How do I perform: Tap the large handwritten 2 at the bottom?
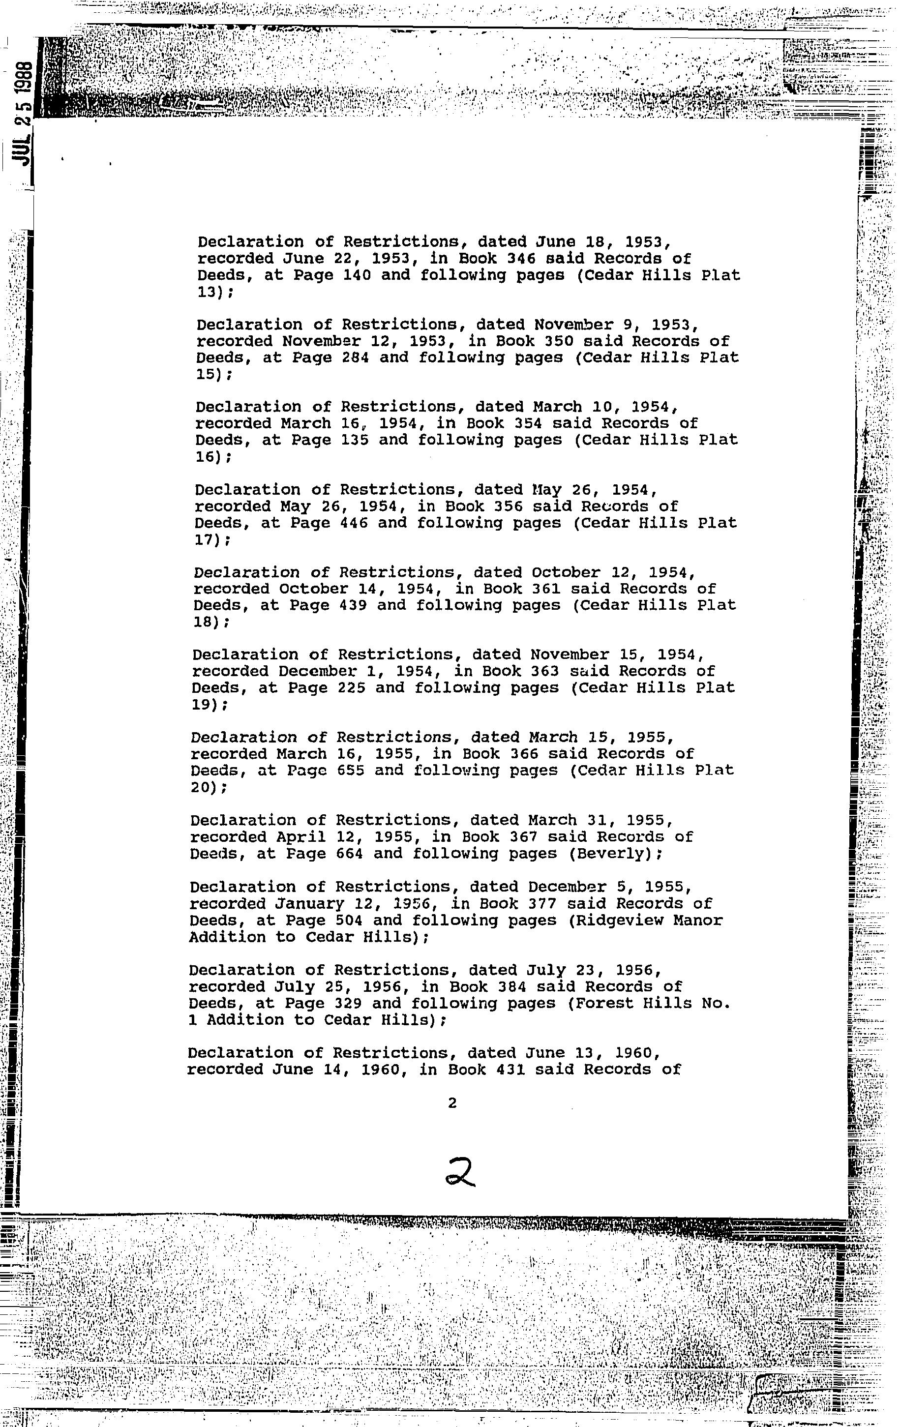click(460, 1173)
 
